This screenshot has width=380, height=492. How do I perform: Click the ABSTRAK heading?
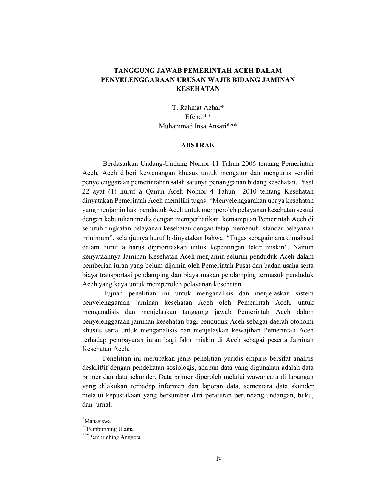coord(198,145)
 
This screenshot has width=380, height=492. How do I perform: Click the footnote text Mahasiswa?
coord(97,421)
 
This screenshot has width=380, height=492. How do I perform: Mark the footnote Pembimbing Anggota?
coord(115,437)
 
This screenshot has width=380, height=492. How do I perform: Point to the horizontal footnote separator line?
coord(120,415)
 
